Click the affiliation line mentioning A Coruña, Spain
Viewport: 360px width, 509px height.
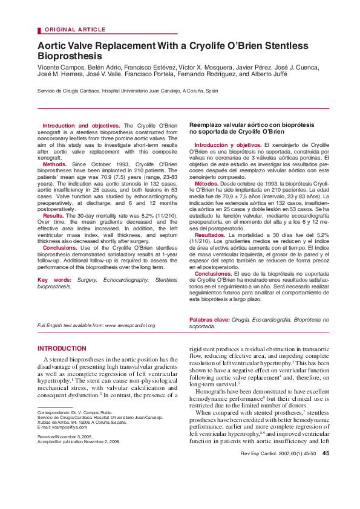pos(128,91)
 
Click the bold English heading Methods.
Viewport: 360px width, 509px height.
pos(54,164)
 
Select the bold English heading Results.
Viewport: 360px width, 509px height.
pos(53,215)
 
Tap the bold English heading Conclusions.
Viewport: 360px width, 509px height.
pos(60,248)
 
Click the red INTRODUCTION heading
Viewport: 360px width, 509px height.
pos(62,349)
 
